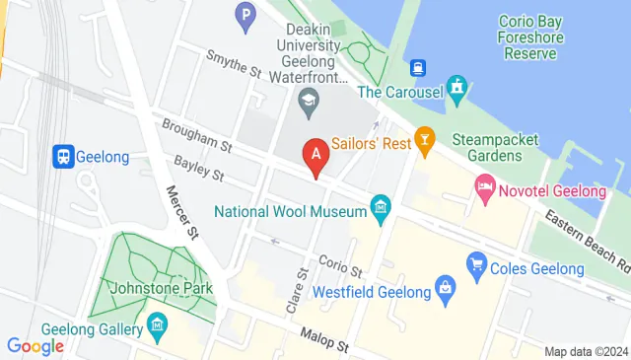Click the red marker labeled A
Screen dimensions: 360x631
pyautogui.click(x=315, y=155)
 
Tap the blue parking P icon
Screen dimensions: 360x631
pyautogui.click(x=245, y=15)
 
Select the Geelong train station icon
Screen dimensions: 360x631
pyautogui.click(x=63, y=156)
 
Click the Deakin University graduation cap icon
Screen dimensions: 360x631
pyautogui.click(x=309, y=99)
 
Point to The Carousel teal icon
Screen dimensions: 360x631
pyautogui.click(x=457, y=90)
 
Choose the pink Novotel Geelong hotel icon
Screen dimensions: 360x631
pyautogui.click(x=485, y=186)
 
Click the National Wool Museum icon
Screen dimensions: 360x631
pyautogui.click(x=381, y=208)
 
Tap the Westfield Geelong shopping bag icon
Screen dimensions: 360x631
pyautogui.click(x=445, y=290)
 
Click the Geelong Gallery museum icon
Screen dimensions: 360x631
pyautogui.click(x=158, y=324)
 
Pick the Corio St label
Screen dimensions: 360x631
pyautogui.click(x=340, y=264)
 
